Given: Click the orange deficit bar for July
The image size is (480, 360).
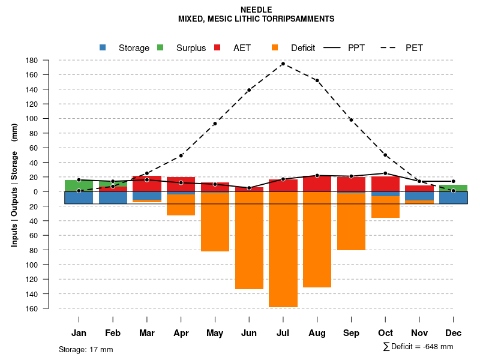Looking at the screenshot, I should point(283,249).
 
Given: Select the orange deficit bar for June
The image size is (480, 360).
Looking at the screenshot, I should point(249,240).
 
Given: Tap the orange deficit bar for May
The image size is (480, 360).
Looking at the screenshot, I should point(215,222).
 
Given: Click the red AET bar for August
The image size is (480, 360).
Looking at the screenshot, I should point(317,184).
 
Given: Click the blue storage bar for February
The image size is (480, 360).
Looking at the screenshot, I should point(113,197).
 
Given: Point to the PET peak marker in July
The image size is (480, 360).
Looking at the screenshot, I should point(283,64).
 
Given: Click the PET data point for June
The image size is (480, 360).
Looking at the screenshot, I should point(249,90).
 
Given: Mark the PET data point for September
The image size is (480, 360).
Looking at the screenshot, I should point(351,120).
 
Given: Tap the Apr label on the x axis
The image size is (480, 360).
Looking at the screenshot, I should point(181,333).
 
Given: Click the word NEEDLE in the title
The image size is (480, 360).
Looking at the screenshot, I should point(256,10).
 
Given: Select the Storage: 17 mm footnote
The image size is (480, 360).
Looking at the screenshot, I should point(86,349).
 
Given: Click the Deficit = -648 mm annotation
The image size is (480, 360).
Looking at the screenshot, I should point(418,347).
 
